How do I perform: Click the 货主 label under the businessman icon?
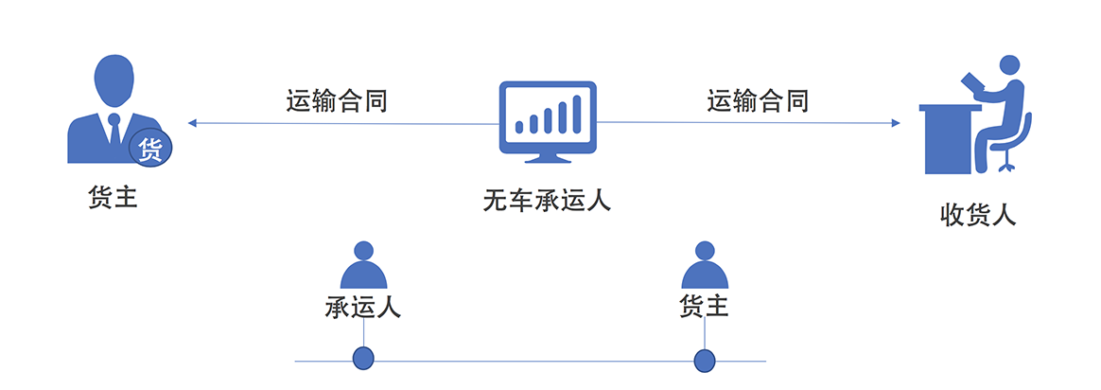[x=113, y=199]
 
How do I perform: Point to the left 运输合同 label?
[x=337, y=100]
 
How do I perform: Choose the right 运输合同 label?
[x=758, y=100]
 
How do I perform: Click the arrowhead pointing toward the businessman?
[x=191, y=123]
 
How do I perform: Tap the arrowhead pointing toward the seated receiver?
[x=894, y=123]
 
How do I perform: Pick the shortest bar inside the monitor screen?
[x=520, y=126]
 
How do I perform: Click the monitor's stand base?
[x=548, y=169]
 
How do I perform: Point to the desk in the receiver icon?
[x=950, y=137]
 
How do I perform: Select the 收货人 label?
[x=977, y=215]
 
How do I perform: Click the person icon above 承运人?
[x=364, y=267]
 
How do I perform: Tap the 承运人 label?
[x=363, y=308]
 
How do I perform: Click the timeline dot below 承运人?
[x=363, y=360]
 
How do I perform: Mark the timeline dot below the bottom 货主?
[x=704, y=361]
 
